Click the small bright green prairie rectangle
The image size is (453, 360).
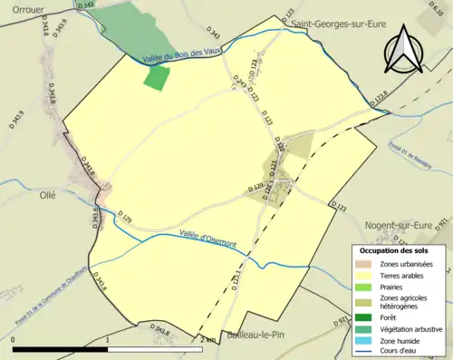(157, 77)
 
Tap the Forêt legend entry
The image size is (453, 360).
(391, 316)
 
